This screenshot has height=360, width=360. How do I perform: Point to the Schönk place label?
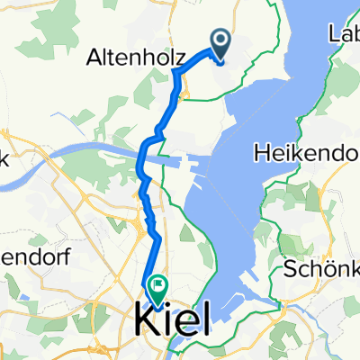pos(320,267)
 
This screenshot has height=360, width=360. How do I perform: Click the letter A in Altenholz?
pos(94,59)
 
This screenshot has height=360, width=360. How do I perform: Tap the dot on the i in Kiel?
pos(171,305)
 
